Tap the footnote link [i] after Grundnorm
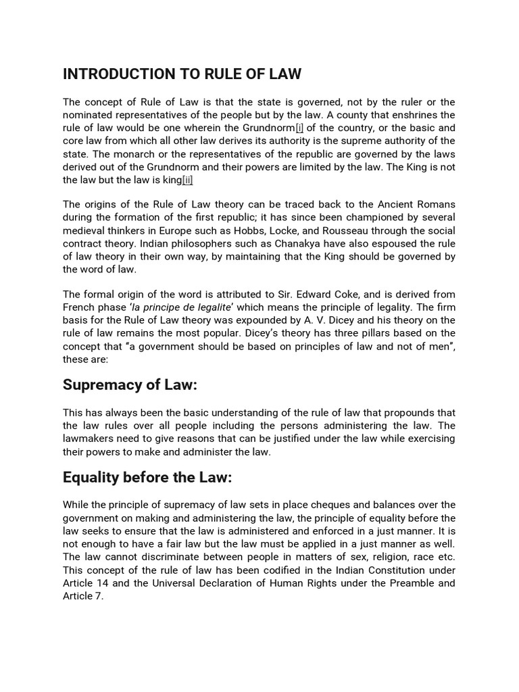299,128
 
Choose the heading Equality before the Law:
147,478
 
